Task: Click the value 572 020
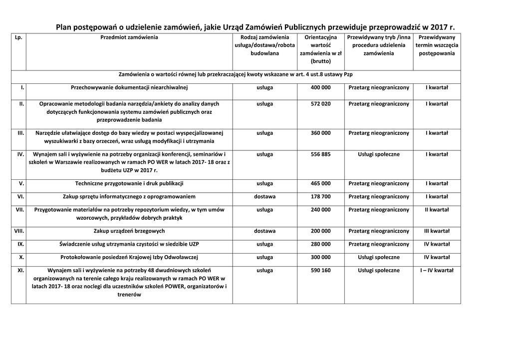tap(320, 104)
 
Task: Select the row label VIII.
tap(19, 231)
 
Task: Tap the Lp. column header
tap(19, 37)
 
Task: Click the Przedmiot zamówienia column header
tap(129, 37)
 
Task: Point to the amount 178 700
tap(320, 197)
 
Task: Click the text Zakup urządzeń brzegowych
tap(129, 231)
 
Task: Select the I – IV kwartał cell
tap(437, 270)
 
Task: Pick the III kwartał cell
tap(437, 231)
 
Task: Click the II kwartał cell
tap(437, 210)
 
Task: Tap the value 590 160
tap(320, 270)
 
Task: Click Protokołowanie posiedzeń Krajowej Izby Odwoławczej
tap(129, 257)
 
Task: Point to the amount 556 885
tap(320, 154)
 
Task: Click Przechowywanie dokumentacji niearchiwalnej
tap(129, 87)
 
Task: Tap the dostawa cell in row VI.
tap(264, 197)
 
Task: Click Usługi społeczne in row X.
tap(379, 257)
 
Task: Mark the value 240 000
tap(320, 210)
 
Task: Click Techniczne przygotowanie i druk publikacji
tap(129, 183)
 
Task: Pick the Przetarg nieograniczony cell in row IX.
tap(379, 244)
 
